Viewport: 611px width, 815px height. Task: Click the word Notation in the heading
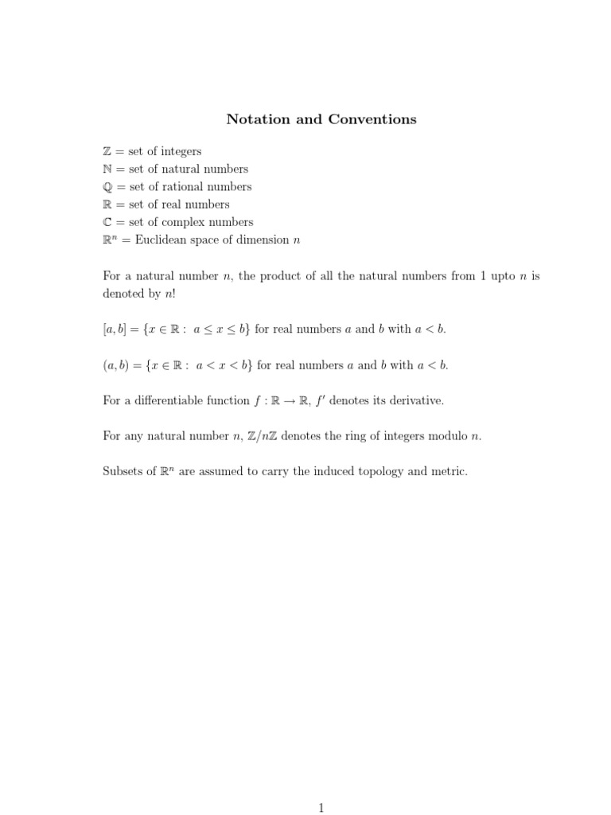[x=256, y=119]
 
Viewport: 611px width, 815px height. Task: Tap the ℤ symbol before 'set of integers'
[x=108, y=151]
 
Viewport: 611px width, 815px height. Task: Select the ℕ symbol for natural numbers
[x=108, y=169]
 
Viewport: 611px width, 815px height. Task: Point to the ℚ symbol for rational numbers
[x=108, y=187]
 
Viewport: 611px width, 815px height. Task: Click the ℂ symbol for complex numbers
[x=108, y=222]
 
